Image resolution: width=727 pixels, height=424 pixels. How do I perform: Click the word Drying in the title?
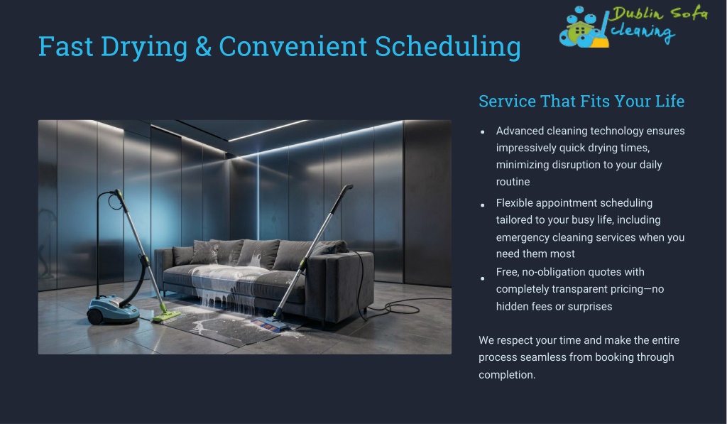143,48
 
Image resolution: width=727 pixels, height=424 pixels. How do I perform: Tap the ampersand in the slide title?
203,46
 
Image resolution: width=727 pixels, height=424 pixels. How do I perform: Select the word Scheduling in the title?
447,48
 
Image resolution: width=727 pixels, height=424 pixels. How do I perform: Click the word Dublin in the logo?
635,14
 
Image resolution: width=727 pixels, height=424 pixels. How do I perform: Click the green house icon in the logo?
579,31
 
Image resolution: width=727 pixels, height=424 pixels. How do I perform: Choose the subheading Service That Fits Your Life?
581,101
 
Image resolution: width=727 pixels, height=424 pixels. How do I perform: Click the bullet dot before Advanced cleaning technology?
483,132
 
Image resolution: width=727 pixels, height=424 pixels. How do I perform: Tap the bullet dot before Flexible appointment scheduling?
483,205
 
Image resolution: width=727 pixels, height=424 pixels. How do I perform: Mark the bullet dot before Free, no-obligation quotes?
483,278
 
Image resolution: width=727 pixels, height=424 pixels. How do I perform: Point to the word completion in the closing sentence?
507,375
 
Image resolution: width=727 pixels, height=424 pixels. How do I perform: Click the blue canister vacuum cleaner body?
113,310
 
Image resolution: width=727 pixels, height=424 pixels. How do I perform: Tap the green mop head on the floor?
166,316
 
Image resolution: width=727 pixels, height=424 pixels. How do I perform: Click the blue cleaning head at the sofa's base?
270,325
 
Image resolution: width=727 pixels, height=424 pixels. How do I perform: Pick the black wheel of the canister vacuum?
95,317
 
